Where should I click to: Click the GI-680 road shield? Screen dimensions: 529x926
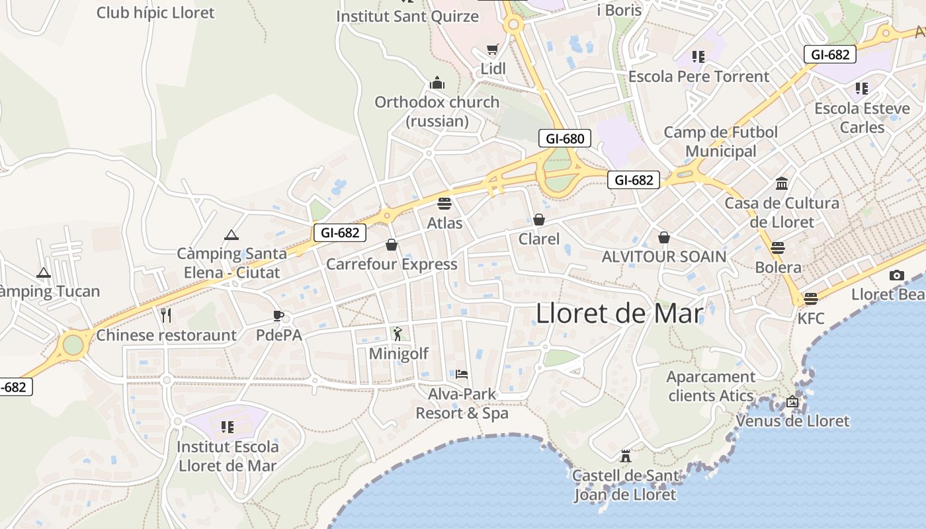(x=564, y=139)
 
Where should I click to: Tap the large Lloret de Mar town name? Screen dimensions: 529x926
(x=619, y=313)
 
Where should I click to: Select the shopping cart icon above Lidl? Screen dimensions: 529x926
(x=492, y=50)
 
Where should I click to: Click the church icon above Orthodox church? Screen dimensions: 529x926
(x=437, y=83)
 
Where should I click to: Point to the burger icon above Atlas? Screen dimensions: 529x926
(x=444, y=204)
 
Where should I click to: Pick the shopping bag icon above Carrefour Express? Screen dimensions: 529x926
(x=392, y=245)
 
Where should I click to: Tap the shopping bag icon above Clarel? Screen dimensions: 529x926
(x=539, y=220)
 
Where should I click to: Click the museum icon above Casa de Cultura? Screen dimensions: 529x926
(x=782, y=183)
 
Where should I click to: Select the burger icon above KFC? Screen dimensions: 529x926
(x=811, y=299)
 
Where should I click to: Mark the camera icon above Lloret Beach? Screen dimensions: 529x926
(x=897, y=275)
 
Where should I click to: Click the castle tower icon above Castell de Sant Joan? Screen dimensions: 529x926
(x=626, y=456)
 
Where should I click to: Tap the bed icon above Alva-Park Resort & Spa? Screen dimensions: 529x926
(x=462, y=374)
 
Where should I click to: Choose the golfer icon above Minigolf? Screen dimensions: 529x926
(x=397, y=334)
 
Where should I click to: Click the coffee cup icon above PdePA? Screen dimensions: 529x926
(x=278, y=315)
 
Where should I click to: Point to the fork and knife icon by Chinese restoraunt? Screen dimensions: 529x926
(x=166, y=315)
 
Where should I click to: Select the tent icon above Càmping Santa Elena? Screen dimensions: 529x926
(x=231, y=235)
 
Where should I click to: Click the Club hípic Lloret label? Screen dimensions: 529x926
(x=155, y=13)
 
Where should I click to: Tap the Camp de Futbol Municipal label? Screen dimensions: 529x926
(x=720, y=142)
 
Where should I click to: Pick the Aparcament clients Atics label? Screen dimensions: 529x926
(x=710, y=386)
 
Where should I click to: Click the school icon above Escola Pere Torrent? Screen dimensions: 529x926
(x=698, y=57)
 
